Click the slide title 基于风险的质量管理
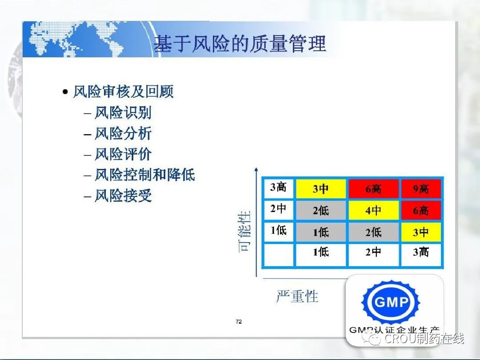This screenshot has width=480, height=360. click(240, 44)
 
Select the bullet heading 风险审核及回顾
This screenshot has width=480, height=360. click(124, 91)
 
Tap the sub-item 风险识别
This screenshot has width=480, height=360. click(123, 112)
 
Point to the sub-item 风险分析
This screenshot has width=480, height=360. click(123, 133)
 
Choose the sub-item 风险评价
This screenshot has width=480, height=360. click(123, 154)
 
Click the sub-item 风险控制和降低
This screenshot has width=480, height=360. click(145, 175)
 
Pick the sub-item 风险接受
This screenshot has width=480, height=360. click(123, 196)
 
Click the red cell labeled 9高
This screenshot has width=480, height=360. click(421, 188)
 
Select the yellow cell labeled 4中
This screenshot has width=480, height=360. click(373, 210)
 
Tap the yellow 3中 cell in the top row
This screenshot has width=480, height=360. click(321, 188)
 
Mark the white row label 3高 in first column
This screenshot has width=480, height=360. click(278, 188)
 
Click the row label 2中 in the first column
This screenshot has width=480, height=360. click(278, 209)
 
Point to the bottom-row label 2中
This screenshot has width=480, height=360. click(373, 252)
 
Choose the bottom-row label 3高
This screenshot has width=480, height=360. click(421, 252)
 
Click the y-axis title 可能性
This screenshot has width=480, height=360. click(244, 231)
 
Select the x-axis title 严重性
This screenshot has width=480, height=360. click(297, 296)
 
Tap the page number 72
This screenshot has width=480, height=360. click(239, 321)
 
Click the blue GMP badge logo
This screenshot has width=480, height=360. click(391, 302)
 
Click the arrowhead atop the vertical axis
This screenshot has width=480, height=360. click(256, 169)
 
